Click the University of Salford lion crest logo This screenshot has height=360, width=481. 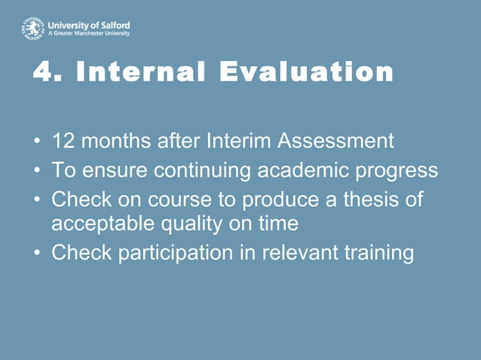(32, 28)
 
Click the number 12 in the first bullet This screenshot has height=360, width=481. (63, 141)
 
